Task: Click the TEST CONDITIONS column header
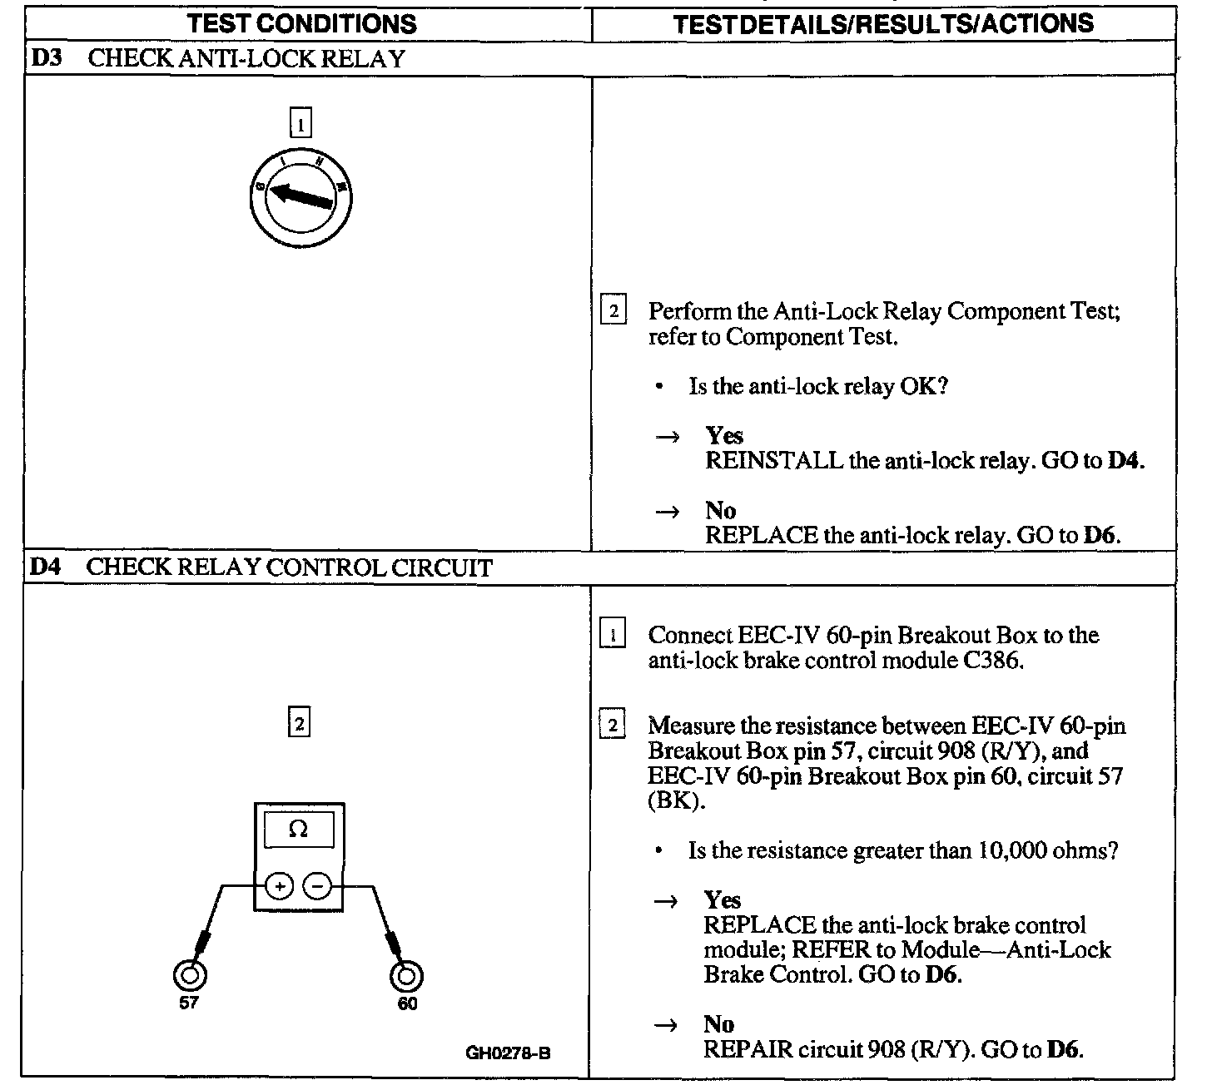302,23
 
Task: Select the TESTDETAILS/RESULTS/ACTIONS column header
882,23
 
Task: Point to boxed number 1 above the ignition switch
300,124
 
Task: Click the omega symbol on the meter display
298,830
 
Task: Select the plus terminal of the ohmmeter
279,887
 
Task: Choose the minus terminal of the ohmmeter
317,887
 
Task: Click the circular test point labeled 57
189,975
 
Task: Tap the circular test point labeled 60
407,975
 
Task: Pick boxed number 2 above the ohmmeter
298,723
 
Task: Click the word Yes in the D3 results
724,436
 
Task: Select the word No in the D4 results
719,1024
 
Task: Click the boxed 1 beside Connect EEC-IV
613,636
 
